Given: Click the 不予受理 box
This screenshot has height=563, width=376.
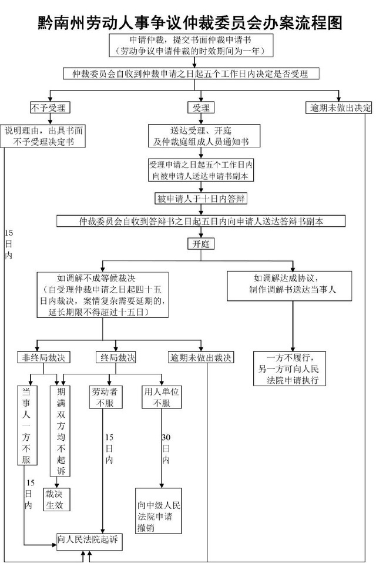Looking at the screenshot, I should [x=51, y=108].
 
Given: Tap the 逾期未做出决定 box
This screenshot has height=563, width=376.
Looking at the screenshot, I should [x=340, y=108].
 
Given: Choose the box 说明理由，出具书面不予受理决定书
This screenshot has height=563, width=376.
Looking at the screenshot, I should [x=45, y=136].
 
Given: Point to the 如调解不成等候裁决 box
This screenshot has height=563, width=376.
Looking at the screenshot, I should [x=103, y=296].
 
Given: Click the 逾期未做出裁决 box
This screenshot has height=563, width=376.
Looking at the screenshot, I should [x=201, y=357].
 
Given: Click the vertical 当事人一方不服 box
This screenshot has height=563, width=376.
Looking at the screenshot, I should [x=26, y=426].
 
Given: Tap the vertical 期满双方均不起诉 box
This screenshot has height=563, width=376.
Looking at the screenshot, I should [x=61, y=431].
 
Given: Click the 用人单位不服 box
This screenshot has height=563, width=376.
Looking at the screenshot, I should [x=161, y=397].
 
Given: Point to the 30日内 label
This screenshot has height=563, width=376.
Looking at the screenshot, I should [x=166, y=449].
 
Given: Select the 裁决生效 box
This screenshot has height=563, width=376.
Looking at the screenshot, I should [x=59, y=500].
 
